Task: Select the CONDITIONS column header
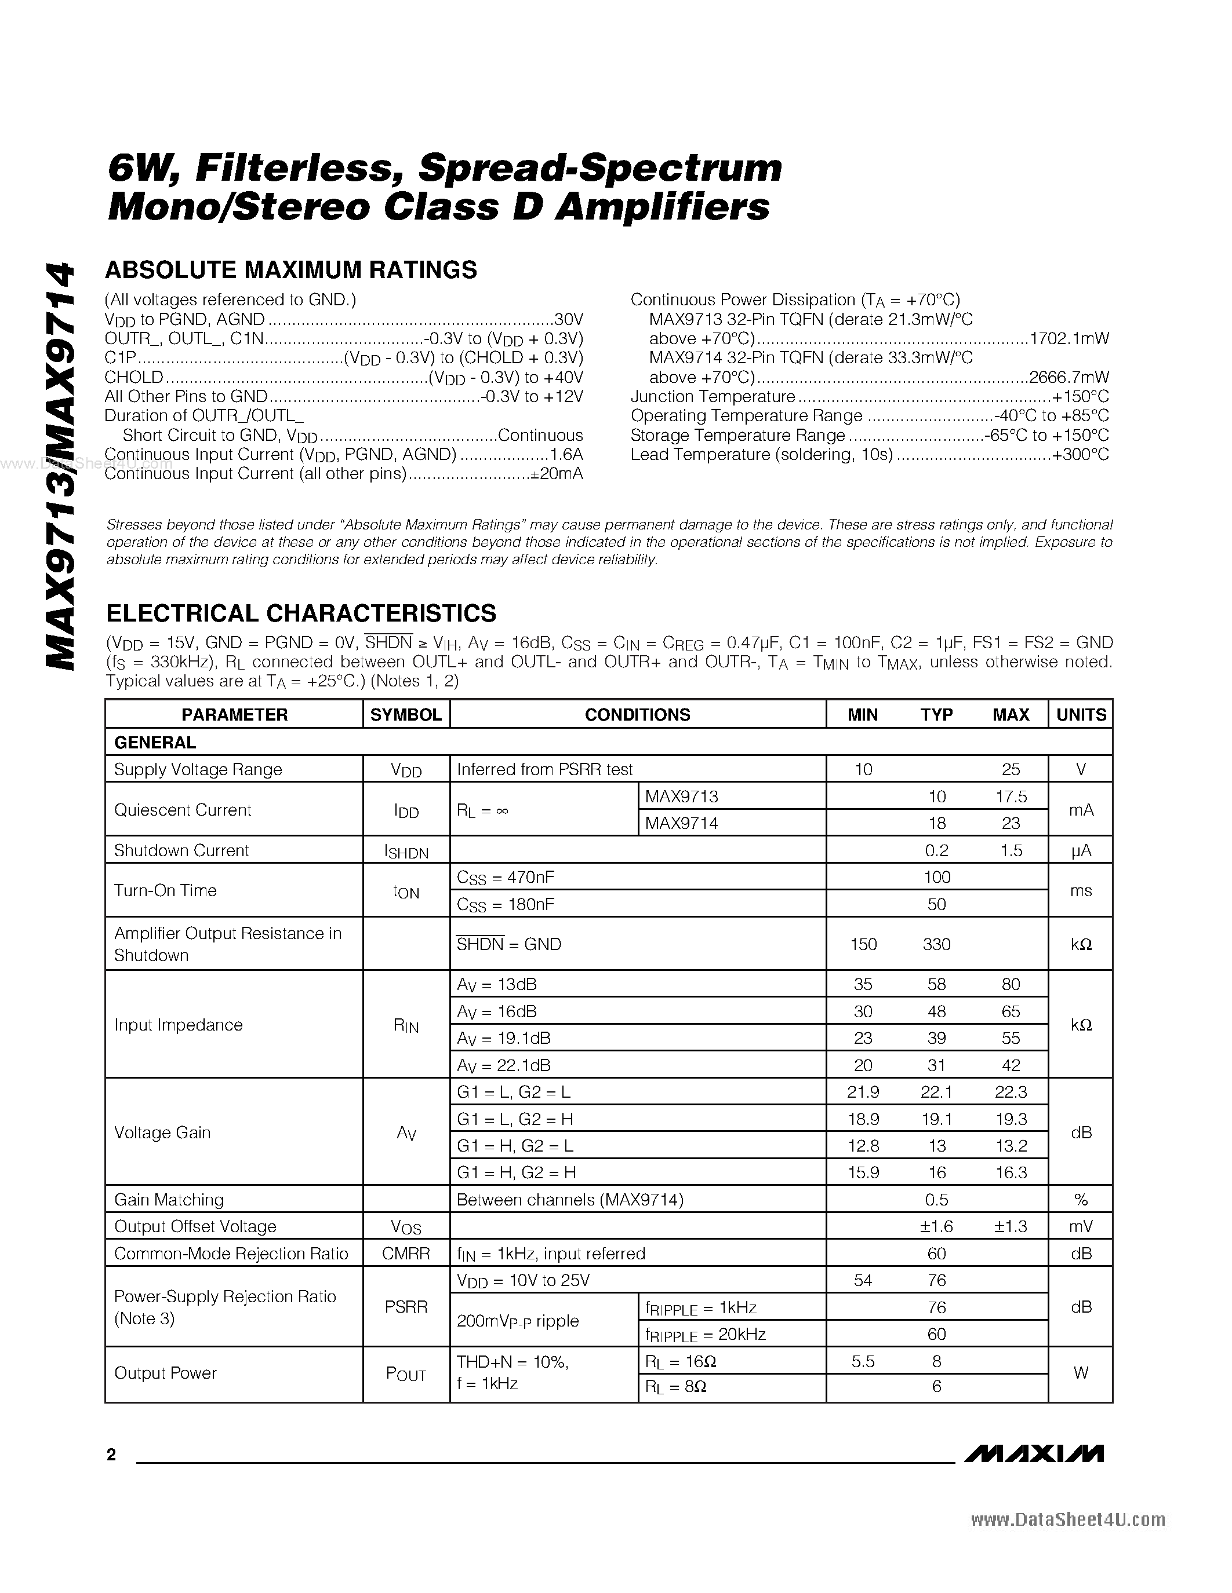pyautogui.click(x=637, y=715)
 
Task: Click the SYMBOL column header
pyautogui.click(x=406, y=715)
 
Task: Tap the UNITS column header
pyautogui.click(x=1081, y=715)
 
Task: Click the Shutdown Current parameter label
pyautogui.click(x=181, y=850)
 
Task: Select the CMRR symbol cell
pyautogui.click(x=406, y=1254)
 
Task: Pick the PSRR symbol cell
pyautogui.click(x=406, y=1307)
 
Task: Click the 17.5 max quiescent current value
pyautogui.click(x=1011, y=796)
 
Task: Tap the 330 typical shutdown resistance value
pyautogui.click(x=936, y=945)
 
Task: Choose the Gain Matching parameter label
pyautogui.click(x=169, y=1200)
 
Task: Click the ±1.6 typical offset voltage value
pyautogui.click(x=936, y=1227)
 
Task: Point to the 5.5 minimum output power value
pyautogui.click(x=863, y=1361)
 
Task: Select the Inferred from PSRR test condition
pyautogui.click(x=544, y=769)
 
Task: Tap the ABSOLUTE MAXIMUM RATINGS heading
pyautogui.click(x=291, y=270)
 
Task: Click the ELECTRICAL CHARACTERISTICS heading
pyautogui.click(x=301, y=613)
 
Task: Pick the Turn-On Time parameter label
pyautogui.click(x=166, y=890)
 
